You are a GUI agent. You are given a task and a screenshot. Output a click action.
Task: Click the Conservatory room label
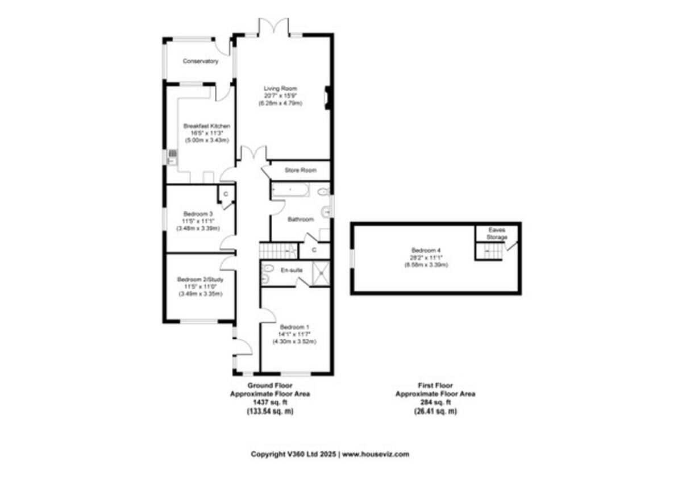[x=200, y=61]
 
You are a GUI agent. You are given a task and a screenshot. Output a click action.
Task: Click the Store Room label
[x=301, y=169]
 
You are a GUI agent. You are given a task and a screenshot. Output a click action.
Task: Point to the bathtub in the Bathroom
[x=290, y=189]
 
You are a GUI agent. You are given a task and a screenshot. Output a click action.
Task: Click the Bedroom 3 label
[x=198, y=214]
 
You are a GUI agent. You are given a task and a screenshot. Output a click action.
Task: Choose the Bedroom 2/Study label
[x=200, y=280]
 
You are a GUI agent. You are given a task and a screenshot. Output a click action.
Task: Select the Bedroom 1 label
[x=294, y=327]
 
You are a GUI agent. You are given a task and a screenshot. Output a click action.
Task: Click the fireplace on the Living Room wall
[x=327, y=97]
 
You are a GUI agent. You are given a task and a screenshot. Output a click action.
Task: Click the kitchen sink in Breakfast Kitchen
[x=172, y=157]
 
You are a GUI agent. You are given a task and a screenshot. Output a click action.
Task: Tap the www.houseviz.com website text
[x=376, y=454]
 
